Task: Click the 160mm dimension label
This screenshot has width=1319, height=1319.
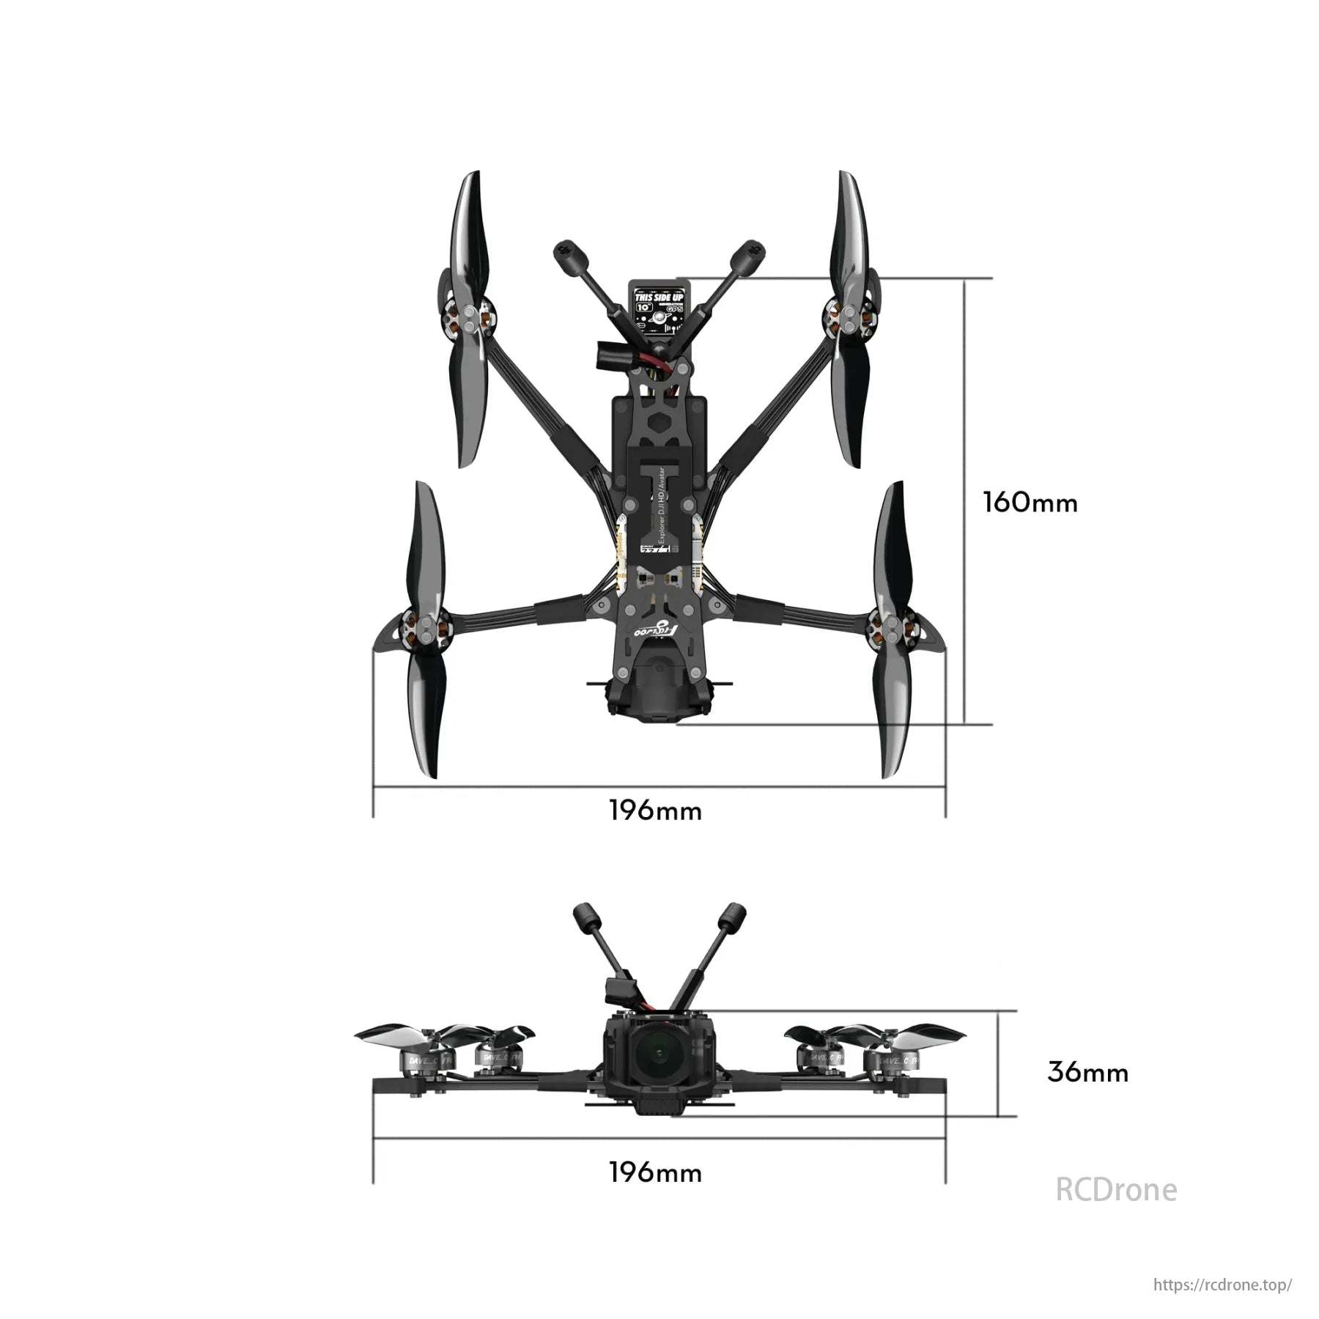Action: coord(1030,503)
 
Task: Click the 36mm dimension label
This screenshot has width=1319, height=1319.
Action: coord(1087,1073)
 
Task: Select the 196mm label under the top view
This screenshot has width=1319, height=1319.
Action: coord(655,811)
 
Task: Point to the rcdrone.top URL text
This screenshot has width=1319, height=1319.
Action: coord(1222,1285)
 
